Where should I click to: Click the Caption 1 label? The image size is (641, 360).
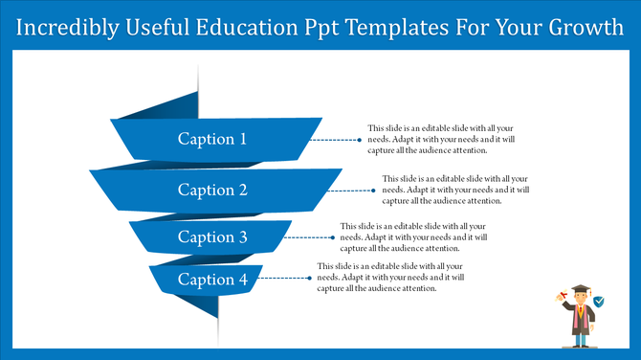(212, 140)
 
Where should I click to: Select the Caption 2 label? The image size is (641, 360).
(212, 190)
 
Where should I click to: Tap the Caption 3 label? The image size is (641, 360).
(212, 236)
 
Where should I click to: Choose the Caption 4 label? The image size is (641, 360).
(212, 280)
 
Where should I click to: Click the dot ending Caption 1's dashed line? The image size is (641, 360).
(360, 140)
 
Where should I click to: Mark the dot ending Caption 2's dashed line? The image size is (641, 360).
(374, 190)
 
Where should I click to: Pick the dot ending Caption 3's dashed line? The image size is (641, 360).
(332, 236)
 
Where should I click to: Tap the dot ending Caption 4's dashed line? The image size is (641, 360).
(309, 279)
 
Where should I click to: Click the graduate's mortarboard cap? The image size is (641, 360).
(579, 289)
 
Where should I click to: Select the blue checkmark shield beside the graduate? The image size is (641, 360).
(599, 302)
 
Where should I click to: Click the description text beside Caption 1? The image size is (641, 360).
(429, 140)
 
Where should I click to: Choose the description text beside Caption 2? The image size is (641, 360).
(442, 190)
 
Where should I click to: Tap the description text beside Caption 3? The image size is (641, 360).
(400, 236)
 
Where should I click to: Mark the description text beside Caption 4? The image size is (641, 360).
(377, 278)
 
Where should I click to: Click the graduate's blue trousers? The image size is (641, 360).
(580, 335)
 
